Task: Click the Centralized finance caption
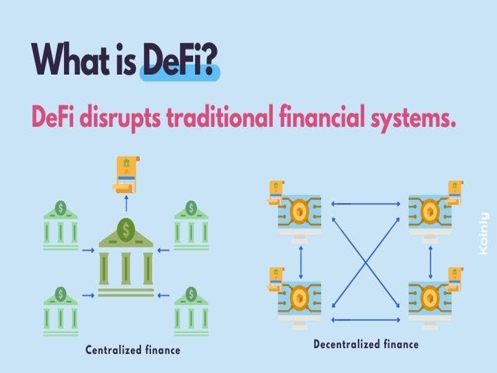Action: [x=133, y=350]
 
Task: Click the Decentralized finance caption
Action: [x=366, y=344]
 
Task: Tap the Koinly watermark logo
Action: [x=484, y=234]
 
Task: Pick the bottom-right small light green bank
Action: [x=191, y=312]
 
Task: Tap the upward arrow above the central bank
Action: [x=126, y=203]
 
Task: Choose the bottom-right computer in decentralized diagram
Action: [x=430, y=302]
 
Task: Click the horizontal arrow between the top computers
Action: [x=365, y=204]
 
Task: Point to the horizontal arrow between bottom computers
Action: [x=365, y=320]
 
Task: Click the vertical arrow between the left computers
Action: [x=301, y=262]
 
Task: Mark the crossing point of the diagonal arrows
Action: [x=365, y=262]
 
